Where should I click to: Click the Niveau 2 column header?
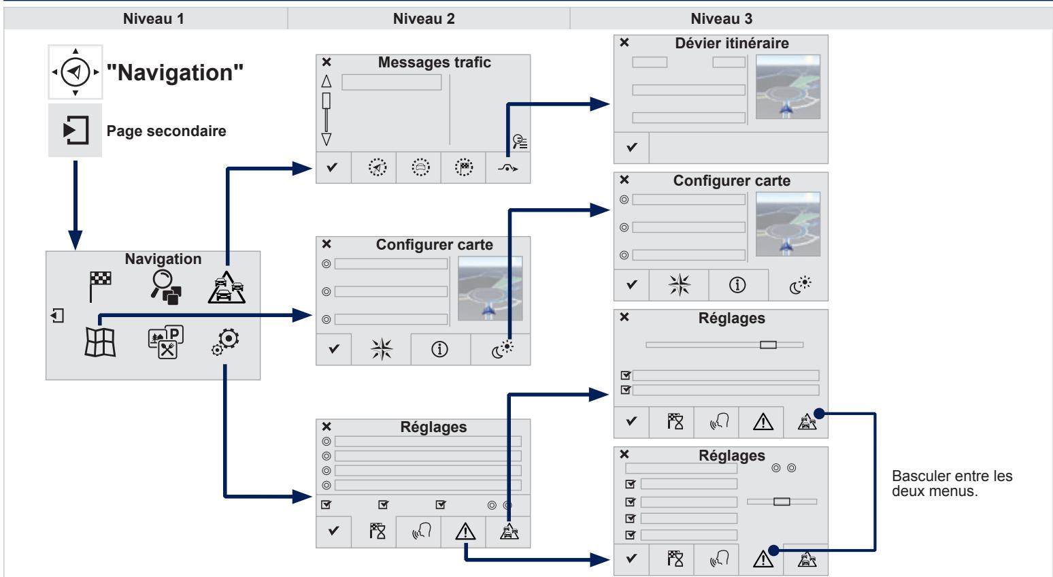[x=424, y=19]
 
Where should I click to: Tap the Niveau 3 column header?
[x=721, y=19]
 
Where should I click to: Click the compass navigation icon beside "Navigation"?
[x=76, y=72]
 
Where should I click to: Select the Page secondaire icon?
[x=76, y=130]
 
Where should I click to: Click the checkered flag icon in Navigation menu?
[x=100, y=286]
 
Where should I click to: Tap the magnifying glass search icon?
[x=165, y=287]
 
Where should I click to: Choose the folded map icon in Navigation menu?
[x=100, y=342]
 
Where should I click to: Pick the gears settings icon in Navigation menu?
[x=226, y=342]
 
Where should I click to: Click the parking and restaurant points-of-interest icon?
[x=165, y=342]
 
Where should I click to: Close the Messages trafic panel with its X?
[x=327, y=62]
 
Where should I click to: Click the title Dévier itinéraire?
[x=731, y=44]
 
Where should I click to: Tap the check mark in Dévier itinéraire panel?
[x=632, y=147]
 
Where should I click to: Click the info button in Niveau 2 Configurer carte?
[x=439, y=349]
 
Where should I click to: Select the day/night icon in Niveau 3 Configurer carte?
[x=800, y=284]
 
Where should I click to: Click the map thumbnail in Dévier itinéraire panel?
[x=788, y=87]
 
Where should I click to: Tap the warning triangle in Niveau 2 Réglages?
[x=465, y=531]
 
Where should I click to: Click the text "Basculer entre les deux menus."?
[x=952, y=483]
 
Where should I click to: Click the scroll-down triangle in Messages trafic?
[x=327, y=139]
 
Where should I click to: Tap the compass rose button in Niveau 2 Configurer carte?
[x=381, y=349]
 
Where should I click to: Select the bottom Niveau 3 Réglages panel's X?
[x=624, y=455]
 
